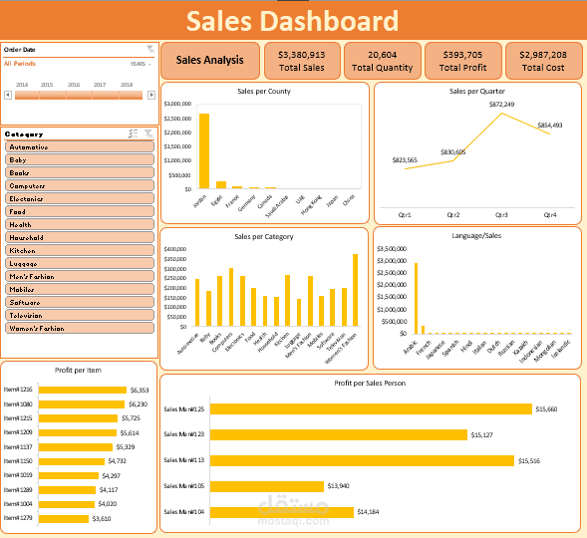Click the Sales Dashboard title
point(292,21)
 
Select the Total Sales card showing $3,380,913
point(302,60)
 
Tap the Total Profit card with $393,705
point(462,60)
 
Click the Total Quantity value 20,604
point(382,55)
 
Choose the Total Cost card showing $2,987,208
point(543,60)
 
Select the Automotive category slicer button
point(80,146)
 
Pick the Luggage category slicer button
point(80,263)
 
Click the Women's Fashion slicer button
point(80,328)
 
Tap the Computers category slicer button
point(80,185)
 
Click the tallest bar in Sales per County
point(204,150)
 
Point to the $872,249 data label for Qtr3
point(501,105)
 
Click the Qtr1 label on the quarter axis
point(405,214)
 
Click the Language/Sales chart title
point(476,236)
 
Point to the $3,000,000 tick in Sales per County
point(175,104)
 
